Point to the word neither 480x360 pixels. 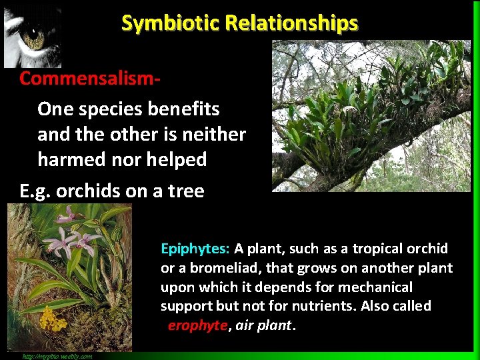[x=214, y=134]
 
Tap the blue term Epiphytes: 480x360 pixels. [x=195, y=249]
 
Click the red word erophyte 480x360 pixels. [x=198, y=326]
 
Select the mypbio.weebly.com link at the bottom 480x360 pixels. [x=57, y=356]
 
